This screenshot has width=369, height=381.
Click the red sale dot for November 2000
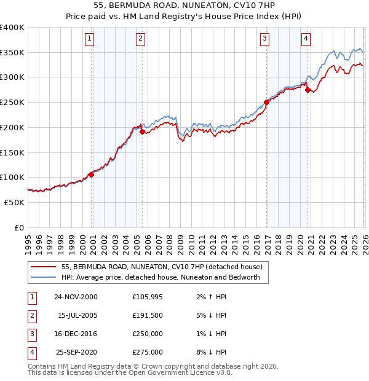click(x=92, y=175)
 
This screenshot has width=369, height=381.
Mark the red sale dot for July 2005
click(x=142, y=132)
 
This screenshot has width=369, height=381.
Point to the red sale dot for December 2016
click(x=266, y=102)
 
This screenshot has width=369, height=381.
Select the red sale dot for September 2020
click(x=307, y=90)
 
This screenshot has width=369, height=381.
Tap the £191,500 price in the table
click(x=148, y=315)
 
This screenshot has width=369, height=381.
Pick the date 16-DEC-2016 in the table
click(x=76, y=334)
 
